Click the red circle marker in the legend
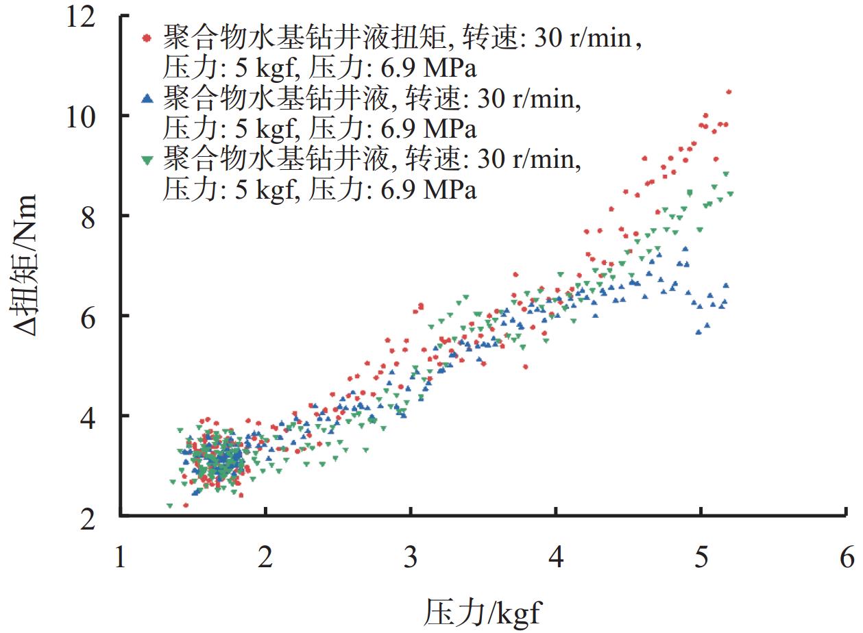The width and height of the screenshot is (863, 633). tap(145, 38)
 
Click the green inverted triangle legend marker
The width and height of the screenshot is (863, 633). tap(145, 160)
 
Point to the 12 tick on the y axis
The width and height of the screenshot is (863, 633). tap(94, 16)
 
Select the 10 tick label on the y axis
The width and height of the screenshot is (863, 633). tap(94, 116)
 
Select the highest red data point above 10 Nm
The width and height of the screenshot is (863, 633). tap(729, 92)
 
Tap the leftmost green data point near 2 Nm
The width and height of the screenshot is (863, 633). tap(169, 506)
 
